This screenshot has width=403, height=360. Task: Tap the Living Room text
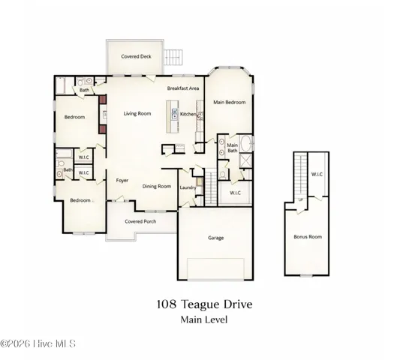(x=137, y=114)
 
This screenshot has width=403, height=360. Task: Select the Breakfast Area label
(x=183, y=88)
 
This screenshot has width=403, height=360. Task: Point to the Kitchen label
(x=188, y=115)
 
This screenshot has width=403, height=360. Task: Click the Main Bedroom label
(x=230, y=102)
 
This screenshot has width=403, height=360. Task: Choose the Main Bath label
(x=233, y=148)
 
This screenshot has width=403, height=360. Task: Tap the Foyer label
(x=122, y=180)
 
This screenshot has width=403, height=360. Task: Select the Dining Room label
(x=157, y=186)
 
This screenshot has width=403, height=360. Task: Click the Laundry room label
(x=188, y=187)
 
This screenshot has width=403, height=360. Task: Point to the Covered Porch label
(x=140, y=222)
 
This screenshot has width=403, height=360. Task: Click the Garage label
(x=216, y=238)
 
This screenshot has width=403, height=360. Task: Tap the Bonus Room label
(x=307, y=236)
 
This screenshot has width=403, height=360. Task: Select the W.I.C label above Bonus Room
(x=317, y=175)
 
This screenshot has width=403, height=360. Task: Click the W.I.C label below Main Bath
(x=234, y=193)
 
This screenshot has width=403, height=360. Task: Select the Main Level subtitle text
(x=203, y=319)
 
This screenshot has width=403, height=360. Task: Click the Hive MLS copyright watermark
(x=38, y=344)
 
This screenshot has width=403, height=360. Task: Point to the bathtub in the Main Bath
(x=248, y=146)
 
